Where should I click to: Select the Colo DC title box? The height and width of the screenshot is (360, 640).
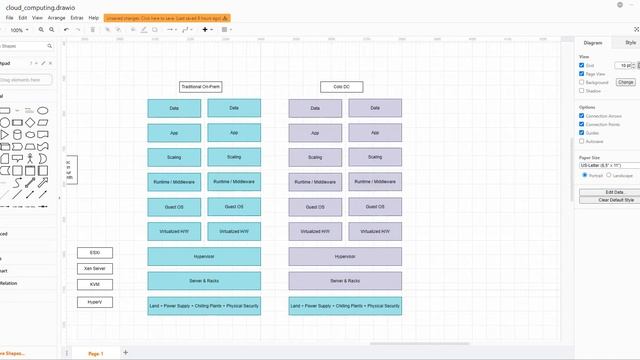pyautogui.click(x=342, y=87)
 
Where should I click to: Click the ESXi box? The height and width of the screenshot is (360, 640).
pyautogui.click(x=95, y=253)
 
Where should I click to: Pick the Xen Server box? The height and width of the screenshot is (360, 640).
pyautogui.click(x=95, y=269)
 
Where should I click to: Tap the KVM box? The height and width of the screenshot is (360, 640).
pyautogui.click(x=95, y=285)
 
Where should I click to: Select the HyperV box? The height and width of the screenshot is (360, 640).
pyautogui.click(x=95, y=301)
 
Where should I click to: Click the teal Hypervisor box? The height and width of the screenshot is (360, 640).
pyautogui.click(x=204, y=257)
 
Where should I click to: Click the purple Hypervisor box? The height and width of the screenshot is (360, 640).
pyautogui.click(x=345, y=257)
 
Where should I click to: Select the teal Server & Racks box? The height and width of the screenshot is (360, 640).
pyautogui.click(x=204, y=281)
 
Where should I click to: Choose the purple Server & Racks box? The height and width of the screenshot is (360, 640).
pyautogui.click(x=345, y=281)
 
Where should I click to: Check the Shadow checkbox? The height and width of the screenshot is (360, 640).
pyautogui.click(x=582, y=90)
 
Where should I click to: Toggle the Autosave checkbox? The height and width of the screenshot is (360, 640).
pyautogui.click(x=582, y=140)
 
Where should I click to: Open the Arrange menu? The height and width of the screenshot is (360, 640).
pyautogui.click(x=56, y=18)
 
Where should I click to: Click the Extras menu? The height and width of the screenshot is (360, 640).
pyautogui.click(x=76, y=18)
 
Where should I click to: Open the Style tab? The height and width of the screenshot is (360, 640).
pyautogui.click(x=630, y=43)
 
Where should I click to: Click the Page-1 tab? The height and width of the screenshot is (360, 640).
pyautogui.click(x=95, y=353)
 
